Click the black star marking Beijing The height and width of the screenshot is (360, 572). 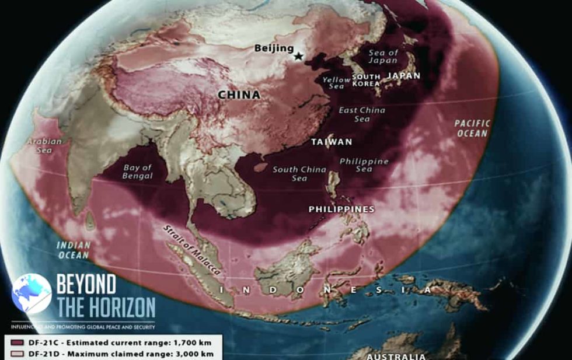pos(298,56)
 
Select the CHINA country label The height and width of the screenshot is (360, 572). pos(239,95)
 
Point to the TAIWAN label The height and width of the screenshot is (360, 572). pos(332,142)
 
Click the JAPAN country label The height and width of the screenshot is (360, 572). pos(403,76)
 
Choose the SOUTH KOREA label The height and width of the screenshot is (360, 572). pos(366,80)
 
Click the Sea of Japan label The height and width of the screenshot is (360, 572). pos(383,57)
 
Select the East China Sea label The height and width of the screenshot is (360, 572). pos(362,114)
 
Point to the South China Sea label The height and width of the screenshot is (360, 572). pos(299,173)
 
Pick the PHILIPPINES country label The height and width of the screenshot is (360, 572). pos(341,209)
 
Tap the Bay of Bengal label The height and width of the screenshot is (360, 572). pos(138,172)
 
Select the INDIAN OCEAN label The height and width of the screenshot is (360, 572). pos(73,250)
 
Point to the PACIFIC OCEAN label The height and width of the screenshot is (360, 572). pos(473,128)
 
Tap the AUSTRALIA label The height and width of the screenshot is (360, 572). pos(397,356)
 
